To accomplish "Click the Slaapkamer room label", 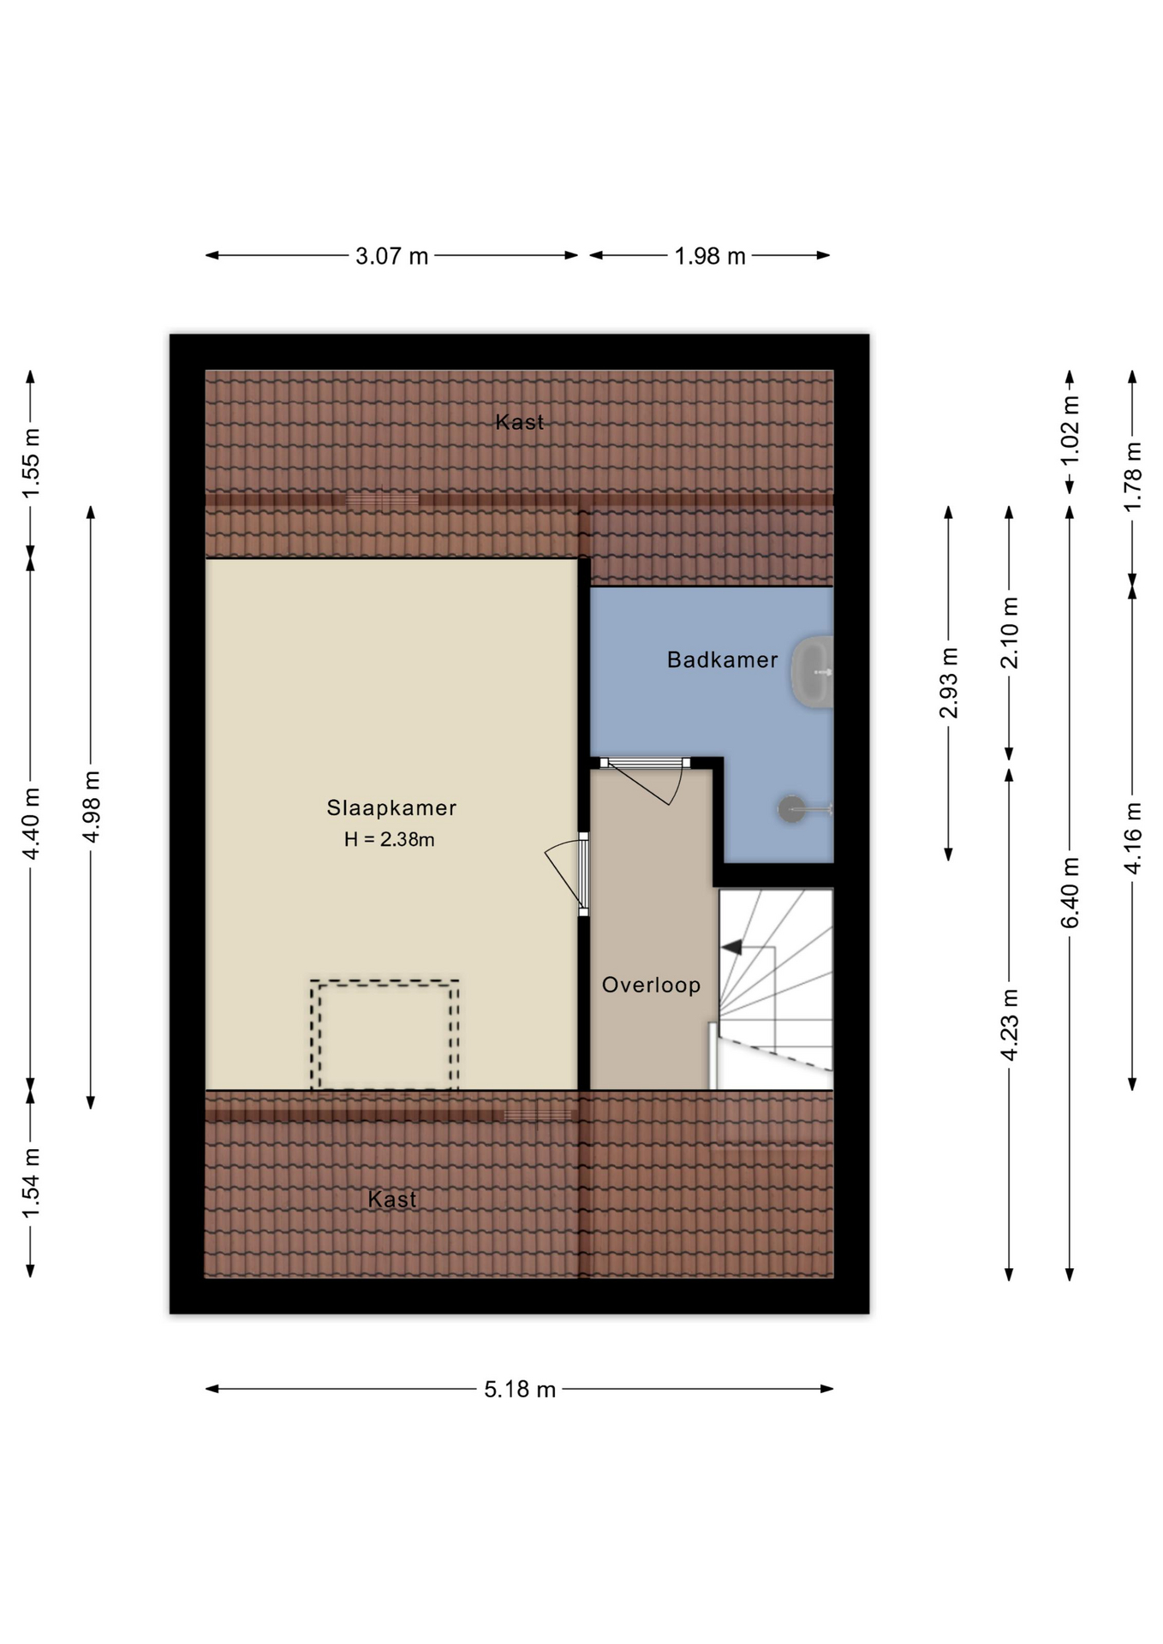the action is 391,807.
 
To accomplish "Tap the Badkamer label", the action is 723,659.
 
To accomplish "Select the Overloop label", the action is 651,985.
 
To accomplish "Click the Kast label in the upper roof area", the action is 520,421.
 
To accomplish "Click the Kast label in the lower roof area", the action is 392,1199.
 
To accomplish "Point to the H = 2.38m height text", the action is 390,839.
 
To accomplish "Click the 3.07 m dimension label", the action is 391,256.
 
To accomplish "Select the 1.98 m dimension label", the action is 710,256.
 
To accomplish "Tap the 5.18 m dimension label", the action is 520,1389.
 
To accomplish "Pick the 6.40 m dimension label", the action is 1071,892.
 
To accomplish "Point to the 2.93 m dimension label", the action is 949,683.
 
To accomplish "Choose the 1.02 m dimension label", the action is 1071,431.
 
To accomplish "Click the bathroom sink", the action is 812,672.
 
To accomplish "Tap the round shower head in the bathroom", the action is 790,808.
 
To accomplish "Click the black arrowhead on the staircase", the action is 731,947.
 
